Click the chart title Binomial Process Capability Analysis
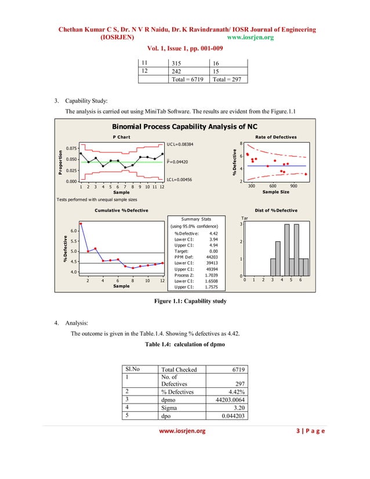click(184, 126)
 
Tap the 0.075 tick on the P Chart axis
click(71, 148)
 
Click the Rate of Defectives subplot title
click(275, 137)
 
